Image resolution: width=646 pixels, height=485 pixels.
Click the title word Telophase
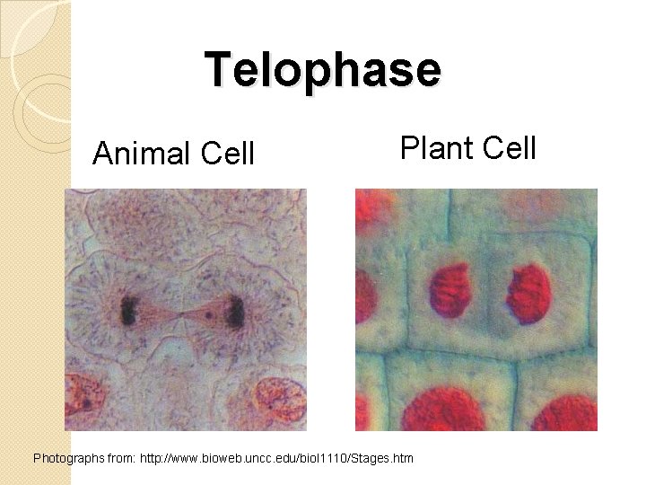click(323, 69)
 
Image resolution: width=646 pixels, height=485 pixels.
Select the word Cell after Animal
click(228, 154)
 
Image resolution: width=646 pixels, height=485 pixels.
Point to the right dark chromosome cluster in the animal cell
click(237, 313)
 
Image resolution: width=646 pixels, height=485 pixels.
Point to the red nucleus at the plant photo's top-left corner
click(375, 209)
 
